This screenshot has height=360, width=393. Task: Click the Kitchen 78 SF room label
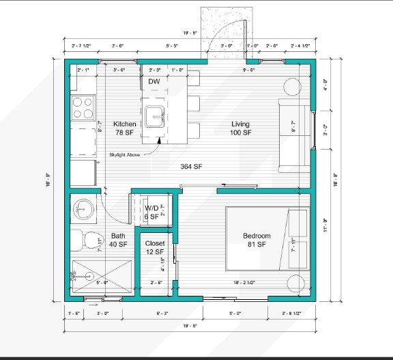click(124, 128)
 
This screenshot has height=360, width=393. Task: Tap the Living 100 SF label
click(240, 128)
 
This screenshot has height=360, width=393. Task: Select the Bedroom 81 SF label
click(257, 240)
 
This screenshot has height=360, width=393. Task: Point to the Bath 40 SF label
click(118, 240)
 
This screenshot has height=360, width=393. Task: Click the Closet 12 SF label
click(155, 247)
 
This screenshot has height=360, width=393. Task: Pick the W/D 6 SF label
click(151, 212)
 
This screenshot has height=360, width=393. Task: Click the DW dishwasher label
click(154, 81)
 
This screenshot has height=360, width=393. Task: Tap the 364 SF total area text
click(191, 167)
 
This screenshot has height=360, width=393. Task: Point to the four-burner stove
click(83, 107)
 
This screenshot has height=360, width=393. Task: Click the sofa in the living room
click(294, 135)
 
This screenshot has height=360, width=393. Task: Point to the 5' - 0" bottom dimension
click(235, 313)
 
